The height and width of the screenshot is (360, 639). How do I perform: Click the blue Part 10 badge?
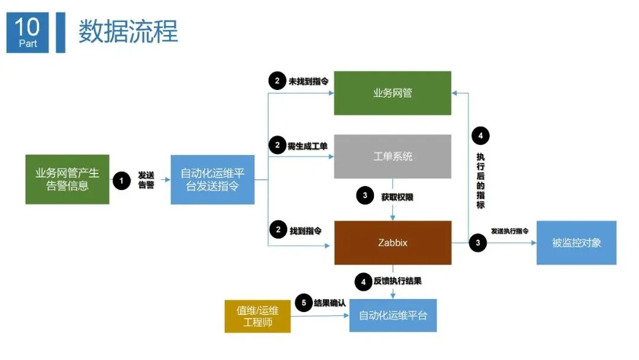pyautogui.click(x=27, y=33)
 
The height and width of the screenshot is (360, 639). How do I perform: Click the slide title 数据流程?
pyautogui.click(x=128, y=31)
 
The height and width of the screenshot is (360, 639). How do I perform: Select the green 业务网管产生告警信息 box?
pyautogui.click(x=67, y=179)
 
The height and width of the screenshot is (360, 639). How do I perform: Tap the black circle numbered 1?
pyautogui.click(x=121, y=181)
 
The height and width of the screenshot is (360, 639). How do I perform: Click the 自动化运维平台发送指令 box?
pyautogui.click(x=212, y=180)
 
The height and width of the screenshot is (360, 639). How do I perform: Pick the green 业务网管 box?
pyautogui.click(x=392, y=93)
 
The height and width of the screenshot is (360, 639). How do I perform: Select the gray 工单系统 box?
pyautogui.click(x=392, y=156)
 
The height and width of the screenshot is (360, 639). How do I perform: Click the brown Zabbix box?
pyautogui.click(x=392, y=243)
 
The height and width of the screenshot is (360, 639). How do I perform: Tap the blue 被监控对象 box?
pyautogui.click(x=576, y=243)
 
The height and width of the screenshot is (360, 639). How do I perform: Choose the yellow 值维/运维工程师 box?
pyautogui.click(x=257, y=316)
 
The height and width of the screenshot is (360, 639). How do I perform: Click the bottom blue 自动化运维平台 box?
pyautogui.click(x=393, y=315)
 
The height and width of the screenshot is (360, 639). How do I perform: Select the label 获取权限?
pyautogui.click(x=397, y=197)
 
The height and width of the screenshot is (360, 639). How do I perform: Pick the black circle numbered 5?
pyautogui.click(x=304, y=303)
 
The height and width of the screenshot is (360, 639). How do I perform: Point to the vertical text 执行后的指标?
pyautogui.click(x=480, y=181)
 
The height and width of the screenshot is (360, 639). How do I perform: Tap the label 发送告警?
pyautogui.click(x=146, y=181)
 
